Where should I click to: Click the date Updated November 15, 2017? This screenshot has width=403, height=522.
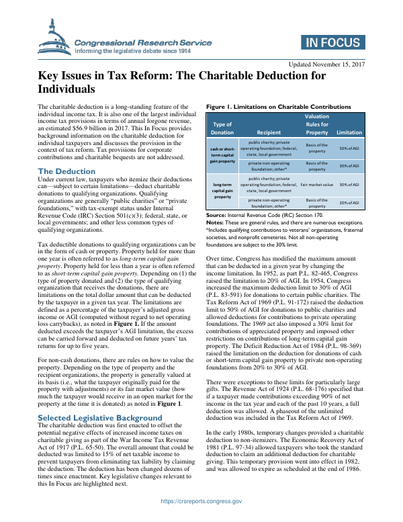[326, 64]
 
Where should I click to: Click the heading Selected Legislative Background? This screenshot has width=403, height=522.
[100, 399]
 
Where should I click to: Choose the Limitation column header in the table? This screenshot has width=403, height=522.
[349, 132]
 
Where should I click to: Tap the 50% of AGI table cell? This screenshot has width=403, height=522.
[349, 148]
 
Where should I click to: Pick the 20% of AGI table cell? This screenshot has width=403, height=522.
[349, 203]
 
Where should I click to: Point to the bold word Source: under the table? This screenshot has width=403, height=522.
[216, 214]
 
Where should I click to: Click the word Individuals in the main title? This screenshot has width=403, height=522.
[65, 89]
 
